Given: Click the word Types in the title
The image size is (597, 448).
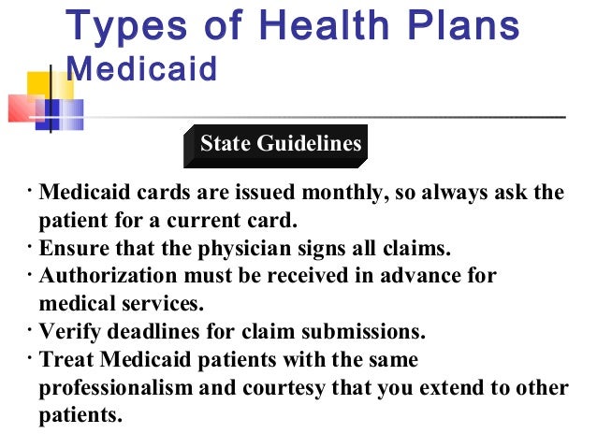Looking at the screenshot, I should tap(118, 28).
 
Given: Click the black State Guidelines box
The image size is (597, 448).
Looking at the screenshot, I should tap(278, 144).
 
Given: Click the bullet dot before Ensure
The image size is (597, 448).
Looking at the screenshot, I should tap(30, 247).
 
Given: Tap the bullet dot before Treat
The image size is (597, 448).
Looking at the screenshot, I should tap(30, 356).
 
